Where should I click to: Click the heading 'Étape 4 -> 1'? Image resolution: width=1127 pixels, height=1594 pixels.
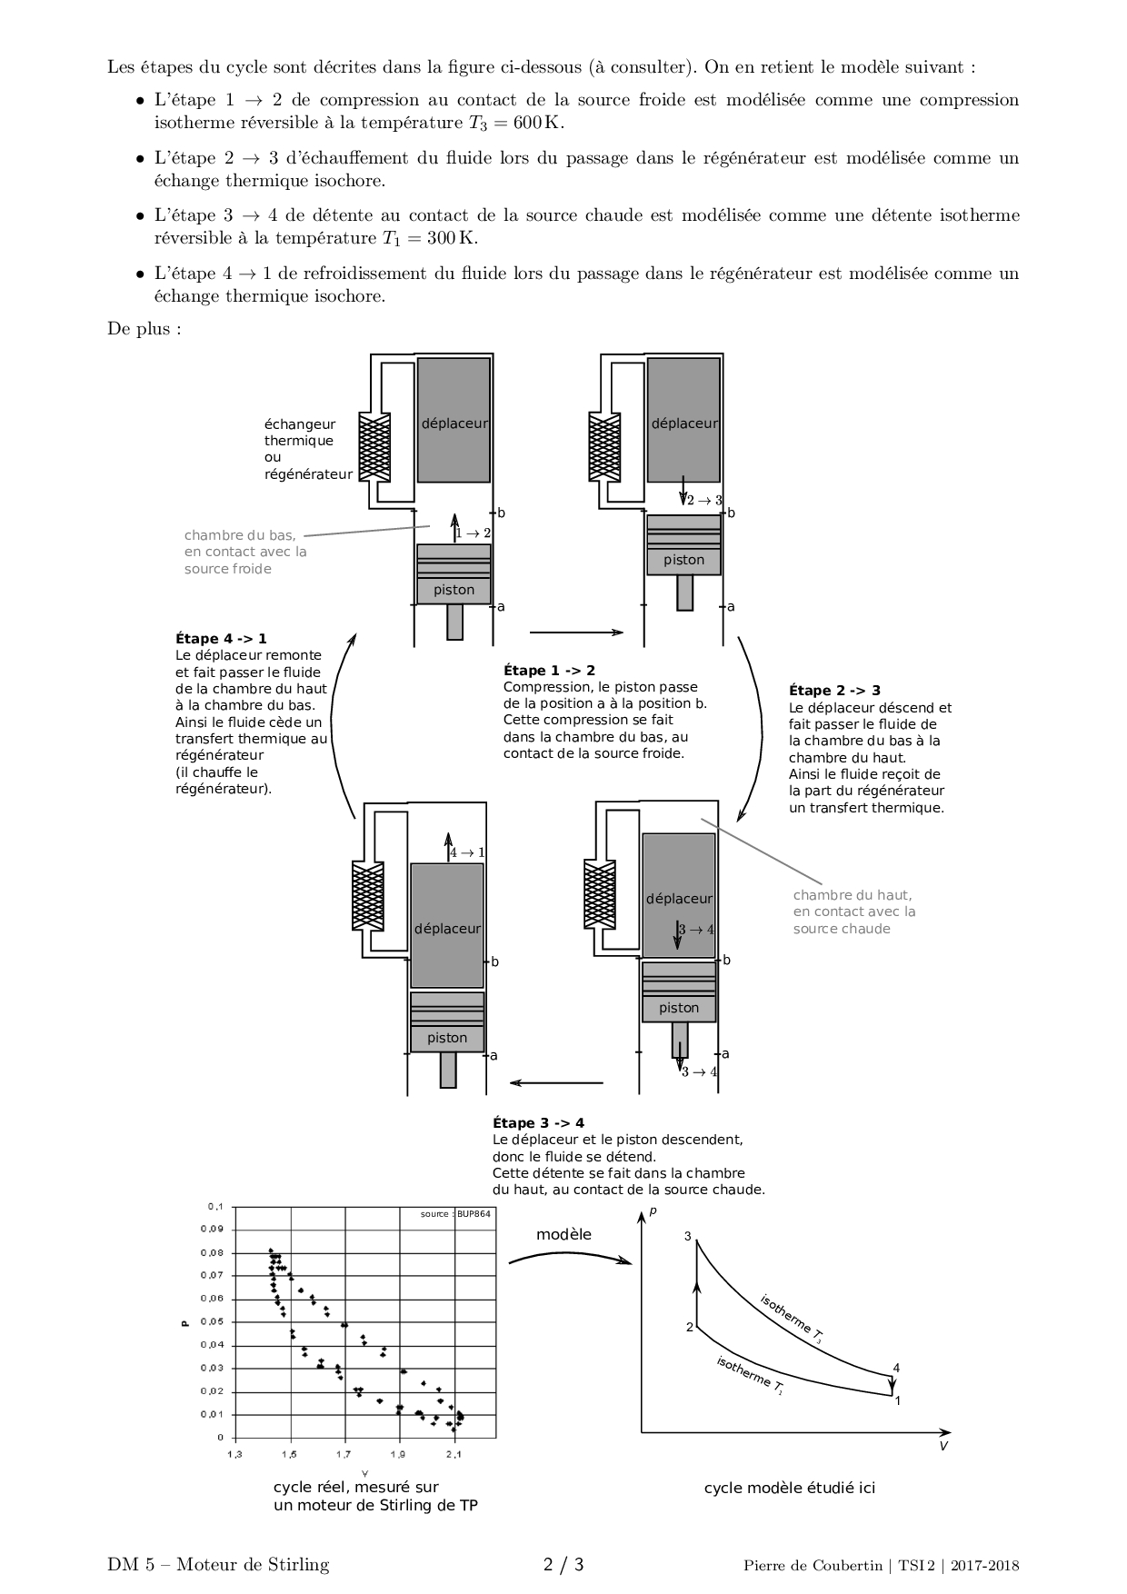221,639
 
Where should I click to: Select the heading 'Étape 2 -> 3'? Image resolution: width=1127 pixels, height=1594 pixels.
834,691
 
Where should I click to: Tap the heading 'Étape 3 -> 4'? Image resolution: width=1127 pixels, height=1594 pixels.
538,1123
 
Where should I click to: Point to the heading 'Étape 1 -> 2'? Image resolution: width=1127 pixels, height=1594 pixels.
549,671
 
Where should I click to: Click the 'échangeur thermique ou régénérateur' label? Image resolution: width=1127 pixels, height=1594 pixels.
307,449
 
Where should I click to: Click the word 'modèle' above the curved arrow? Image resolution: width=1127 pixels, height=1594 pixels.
563,1234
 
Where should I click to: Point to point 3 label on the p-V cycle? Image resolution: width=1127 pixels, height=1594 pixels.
688,1236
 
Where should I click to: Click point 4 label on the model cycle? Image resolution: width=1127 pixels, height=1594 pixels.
896,1368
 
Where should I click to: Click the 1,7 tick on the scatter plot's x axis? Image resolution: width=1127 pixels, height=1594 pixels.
344,1455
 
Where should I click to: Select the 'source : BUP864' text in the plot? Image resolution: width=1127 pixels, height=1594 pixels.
456,1214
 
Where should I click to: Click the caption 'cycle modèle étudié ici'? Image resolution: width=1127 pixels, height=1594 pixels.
789,1489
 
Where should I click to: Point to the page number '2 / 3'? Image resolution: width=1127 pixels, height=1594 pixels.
563,1565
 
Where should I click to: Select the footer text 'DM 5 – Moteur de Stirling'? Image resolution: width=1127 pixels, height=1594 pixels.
218,1565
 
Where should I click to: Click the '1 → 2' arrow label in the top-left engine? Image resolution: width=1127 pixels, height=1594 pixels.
473,533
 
